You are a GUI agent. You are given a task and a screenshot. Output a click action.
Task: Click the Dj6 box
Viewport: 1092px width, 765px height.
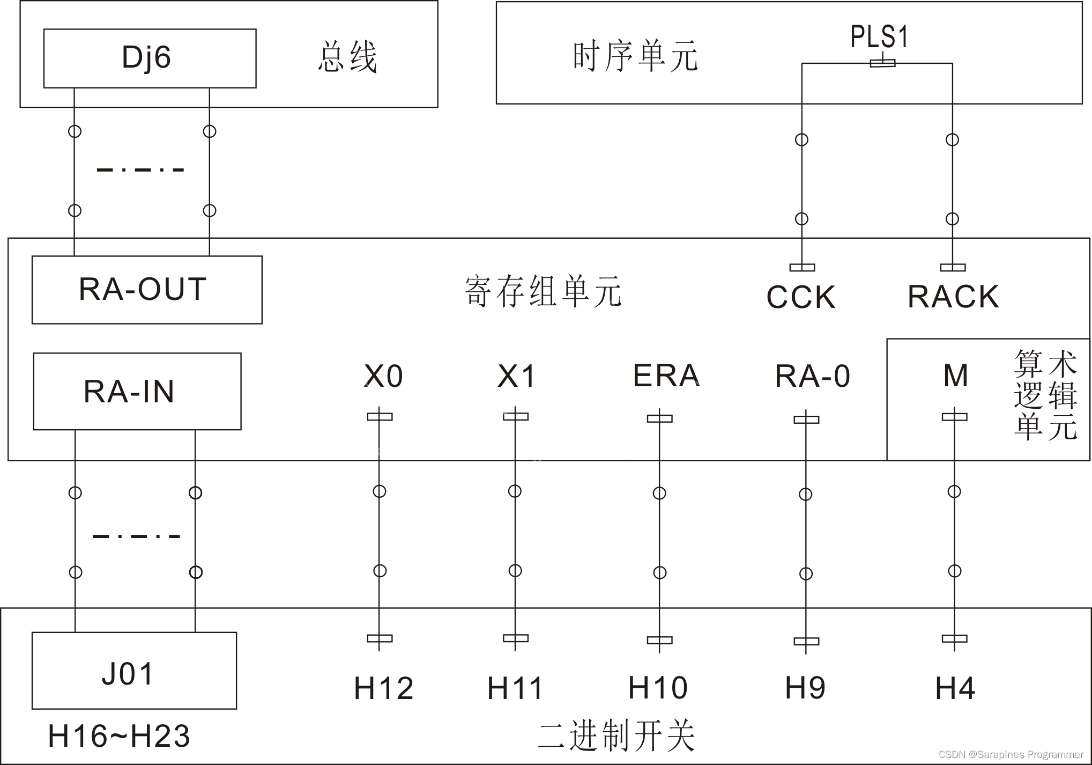coord(150,58)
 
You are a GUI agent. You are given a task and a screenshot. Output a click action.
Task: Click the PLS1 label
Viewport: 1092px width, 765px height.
coord(880,37)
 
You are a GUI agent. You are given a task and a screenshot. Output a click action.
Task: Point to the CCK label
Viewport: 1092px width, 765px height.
coord(801,297)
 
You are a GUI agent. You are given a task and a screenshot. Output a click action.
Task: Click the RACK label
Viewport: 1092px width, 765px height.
coord(953,296)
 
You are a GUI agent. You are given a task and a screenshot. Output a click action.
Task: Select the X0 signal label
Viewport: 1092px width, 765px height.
coord(383,376)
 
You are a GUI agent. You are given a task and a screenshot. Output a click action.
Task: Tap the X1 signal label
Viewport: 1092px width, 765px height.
coord(516,376)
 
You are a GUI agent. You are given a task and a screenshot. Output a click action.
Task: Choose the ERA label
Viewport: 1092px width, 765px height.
coord(666,375)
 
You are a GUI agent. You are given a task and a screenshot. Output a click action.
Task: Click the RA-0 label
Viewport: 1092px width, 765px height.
coord(812,376)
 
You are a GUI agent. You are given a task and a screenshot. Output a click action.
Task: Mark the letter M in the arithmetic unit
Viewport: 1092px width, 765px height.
coord(955,375)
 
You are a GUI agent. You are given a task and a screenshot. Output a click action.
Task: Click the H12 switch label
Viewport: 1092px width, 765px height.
coord(383,688)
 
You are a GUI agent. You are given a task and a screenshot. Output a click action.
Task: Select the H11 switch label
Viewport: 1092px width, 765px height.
coord(515,688)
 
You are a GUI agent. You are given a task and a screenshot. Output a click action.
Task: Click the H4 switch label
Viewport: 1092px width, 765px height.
coord(955,688)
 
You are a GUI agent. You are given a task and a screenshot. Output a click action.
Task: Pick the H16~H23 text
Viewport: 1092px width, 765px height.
coord(118,735)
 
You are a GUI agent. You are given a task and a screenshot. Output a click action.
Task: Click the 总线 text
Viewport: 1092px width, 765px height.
coord(347,57)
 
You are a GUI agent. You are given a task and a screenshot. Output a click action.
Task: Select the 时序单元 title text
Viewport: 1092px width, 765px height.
coord(635,56)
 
